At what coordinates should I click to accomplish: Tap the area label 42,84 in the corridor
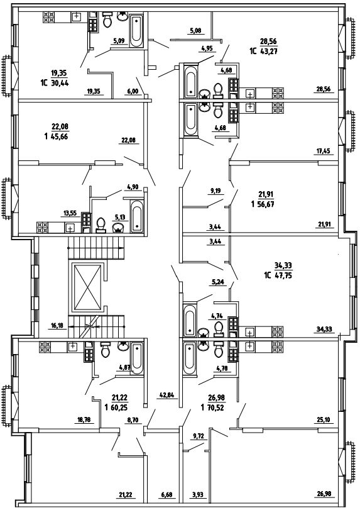167,396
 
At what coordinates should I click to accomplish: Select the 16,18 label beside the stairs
58,324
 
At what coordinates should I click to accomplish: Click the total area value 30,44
60,83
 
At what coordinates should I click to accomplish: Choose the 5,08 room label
195,31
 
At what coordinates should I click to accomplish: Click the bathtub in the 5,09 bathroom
136,31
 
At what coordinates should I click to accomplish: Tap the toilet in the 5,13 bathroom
101,225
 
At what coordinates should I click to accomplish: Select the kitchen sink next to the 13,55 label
70,228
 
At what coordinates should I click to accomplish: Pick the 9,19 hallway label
215,191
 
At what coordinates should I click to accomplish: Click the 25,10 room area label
324,420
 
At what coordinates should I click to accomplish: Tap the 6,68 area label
166,495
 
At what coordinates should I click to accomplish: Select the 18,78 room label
84,419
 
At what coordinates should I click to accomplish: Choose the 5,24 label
218,282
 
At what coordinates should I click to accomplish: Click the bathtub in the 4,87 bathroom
136,358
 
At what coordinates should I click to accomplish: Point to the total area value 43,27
268,51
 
